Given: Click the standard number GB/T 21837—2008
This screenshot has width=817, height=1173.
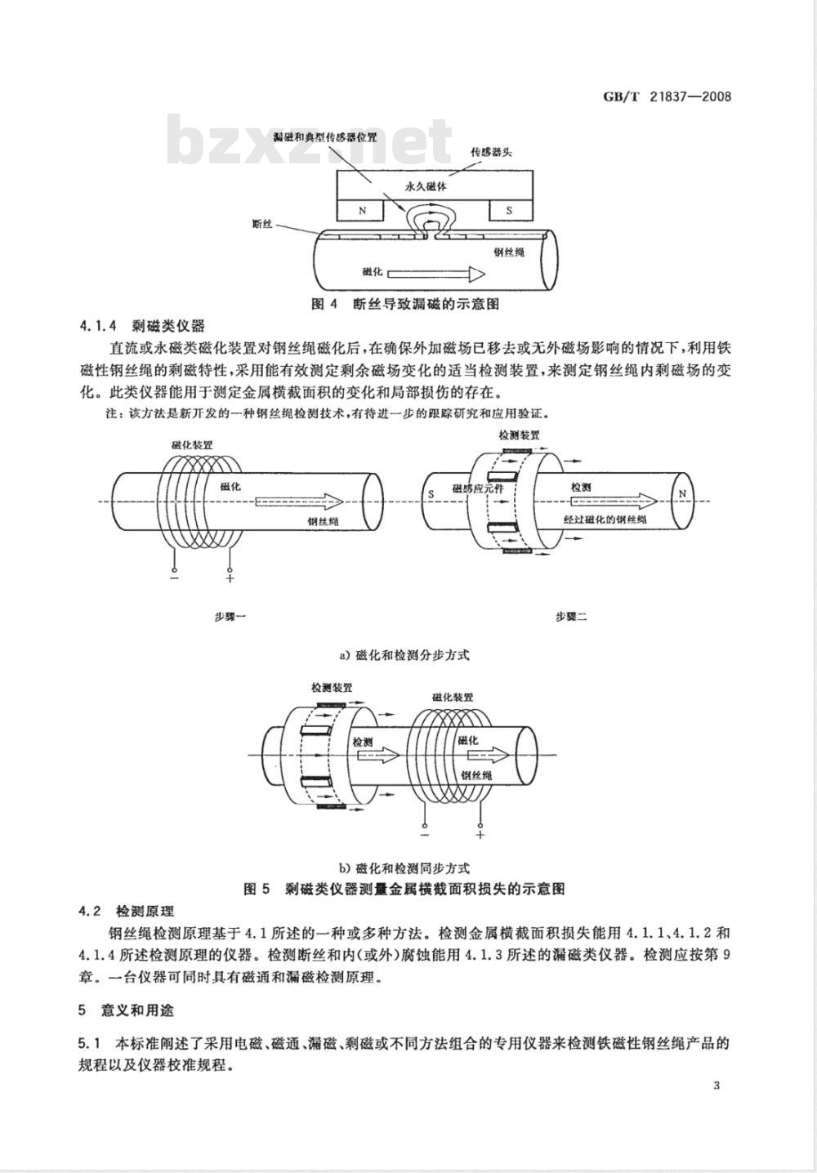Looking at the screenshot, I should [667, 97].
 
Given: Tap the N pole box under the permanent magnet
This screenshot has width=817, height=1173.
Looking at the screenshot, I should [363, 210].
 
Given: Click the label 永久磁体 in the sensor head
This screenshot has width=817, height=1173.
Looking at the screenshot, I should [426, 186].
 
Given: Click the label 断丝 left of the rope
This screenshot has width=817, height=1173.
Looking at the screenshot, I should [262, 224].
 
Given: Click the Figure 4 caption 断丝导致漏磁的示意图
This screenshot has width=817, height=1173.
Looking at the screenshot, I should [405, 304].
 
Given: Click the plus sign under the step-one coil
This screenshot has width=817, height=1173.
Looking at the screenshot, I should [230, 578].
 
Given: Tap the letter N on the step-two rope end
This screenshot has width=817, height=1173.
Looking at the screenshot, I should [681, 494].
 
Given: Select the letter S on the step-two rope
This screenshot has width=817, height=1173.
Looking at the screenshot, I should [430, 494].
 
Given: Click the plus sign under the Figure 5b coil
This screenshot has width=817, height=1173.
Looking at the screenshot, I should [480, 835].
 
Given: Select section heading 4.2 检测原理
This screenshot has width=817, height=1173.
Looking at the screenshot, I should [126, 911].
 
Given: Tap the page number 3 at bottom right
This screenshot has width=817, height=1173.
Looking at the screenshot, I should [717, 1086].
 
